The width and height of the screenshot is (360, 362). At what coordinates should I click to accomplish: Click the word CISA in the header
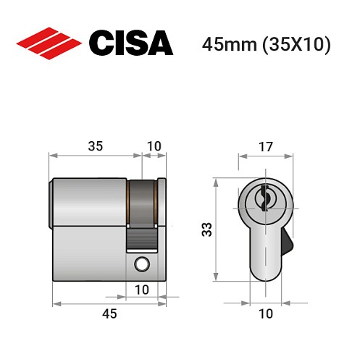(x=130, y=43)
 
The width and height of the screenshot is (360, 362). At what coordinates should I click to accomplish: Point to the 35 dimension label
(x=95, y=146)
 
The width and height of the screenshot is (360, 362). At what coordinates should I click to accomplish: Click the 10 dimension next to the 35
(x=154, y=146)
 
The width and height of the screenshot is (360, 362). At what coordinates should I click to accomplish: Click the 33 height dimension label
(x=206, y=230)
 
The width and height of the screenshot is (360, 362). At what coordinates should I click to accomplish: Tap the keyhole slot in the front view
(x=265, y=196)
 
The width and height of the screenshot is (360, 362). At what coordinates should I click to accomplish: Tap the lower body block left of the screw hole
(x=91, y=253)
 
